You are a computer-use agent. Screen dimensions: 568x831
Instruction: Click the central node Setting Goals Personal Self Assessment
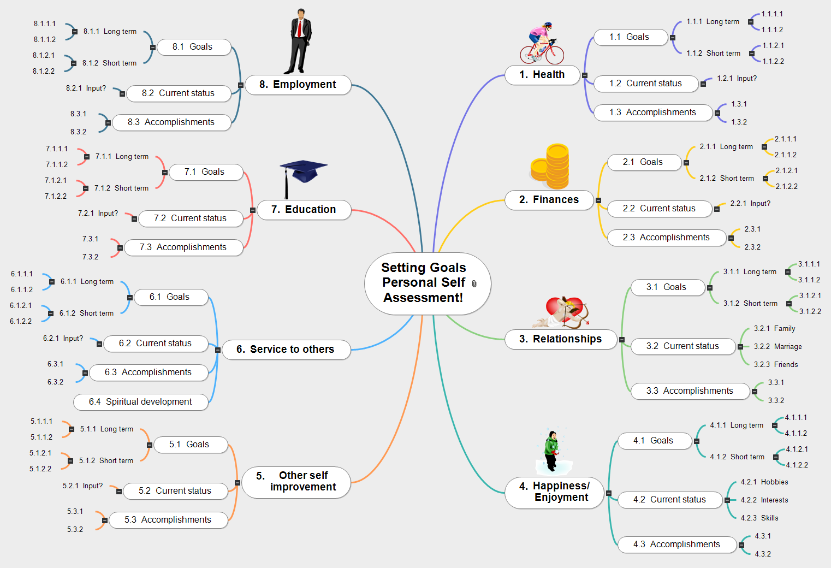coord(424,283)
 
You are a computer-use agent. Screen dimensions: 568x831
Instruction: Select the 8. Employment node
coord(298,85)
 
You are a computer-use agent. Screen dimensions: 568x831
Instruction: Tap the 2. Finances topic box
coord(549,200)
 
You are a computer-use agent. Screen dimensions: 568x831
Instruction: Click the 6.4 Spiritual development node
coord(141,402)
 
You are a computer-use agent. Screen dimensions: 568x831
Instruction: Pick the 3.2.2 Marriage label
coord(777,346)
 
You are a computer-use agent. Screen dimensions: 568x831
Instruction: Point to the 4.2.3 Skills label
coord(759,518)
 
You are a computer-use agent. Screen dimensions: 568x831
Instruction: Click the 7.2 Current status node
coord(191,218)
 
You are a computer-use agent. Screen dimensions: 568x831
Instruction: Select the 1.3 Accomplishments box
coord(653,113)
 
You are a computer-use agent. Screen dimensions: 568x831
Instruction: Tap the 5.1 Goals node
coord(189,445)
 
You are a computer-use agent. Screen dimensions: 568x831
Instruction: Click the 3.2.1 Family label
coord(774,328)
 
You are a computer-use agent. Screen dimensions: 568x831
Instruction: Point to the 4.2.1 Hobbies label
coord(764,482)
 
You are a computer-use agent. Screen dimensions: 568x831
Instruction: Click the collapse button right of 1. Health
coord(585,75)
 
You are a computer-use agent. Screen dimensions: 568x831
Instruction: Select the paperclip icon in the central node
coord(474,283)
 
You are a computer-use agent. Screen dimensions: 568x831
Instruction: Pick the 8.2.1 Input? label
coord(86,88)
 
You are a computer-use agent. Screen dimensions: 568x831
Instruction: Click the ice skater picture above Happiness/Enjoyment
coord(553,451)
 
